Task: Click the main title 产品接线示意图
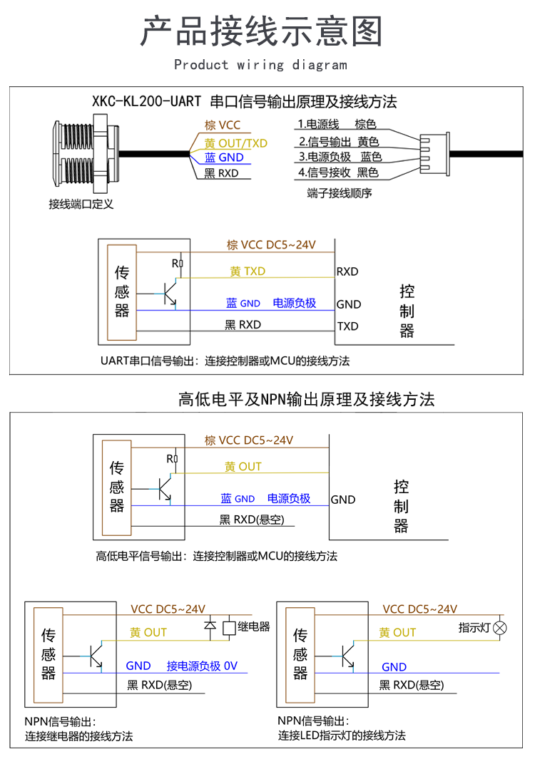tap(261, 31)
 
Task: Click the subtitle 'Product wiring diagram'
tap(261, 65)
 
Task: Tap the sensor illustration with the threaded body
tap(86, 153)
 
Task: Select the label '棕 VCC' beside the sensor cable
tap(223, 125)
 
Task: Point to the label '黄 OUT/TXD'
tap(236, 143)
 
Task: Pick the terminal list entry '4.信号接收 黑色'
tap(338, 172)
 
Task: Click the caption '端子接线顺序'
tap(340, 193)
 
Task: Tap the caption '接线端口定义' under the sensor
tap(81, 204)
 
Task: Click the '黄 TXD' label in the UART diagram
tap(248, 272)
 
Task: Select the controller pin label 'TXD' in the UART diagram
tap(347, 326)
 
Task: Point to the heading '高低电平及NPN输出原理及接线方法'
tap(306, 399)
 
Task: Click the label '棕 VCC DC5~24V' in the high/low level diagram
tap(249, 440)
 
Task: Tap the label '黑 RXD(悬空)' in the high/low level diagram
tap(252, 520)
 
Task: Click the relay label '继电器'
tap(254, 626)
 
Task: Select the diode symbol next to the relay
tap(210, 626)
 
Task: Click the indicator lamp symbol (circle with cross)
tap(500, 628)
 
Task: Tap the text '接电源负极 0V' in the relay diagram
tap(202, 666)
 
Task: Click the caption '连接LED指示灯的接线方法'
tap(342, 735)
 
